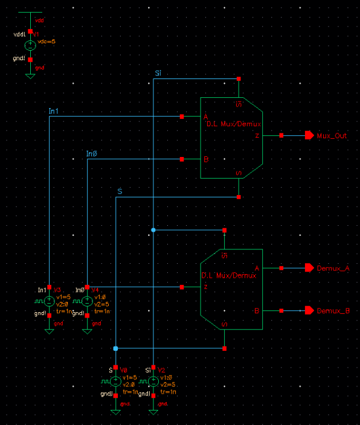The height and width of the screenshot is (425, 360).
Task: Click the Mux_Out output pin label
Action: point(332,136)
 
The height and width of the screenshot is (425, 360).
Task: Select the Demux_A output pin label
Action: point(333,267)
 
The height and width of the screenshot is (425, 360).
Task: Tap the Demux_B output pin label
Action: point(333,311)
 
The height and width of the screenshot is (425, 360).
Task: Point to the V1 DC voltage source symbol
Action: point(30,45)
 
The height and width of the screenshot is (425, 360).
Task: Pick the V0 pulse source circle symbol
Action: point(115,381)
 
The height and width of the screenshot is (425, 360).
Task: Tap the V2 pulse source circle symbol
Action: point(153,381)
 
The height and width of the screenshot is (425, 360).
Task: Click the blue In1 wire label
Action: point(53,111)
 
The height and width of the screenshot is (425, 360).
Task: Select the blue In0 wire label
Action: point(91,154)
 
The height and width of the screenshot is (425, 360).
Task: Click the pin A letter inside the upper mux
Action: point(206,117)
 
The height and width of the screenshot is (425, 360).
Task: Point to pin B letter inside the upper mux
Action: point(206,160)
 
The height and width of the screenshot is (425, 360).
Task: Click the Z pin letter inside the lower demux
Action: point(206,287)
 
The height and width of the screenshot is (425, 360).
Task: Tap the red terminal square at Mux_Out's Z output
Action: point(281,136)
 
